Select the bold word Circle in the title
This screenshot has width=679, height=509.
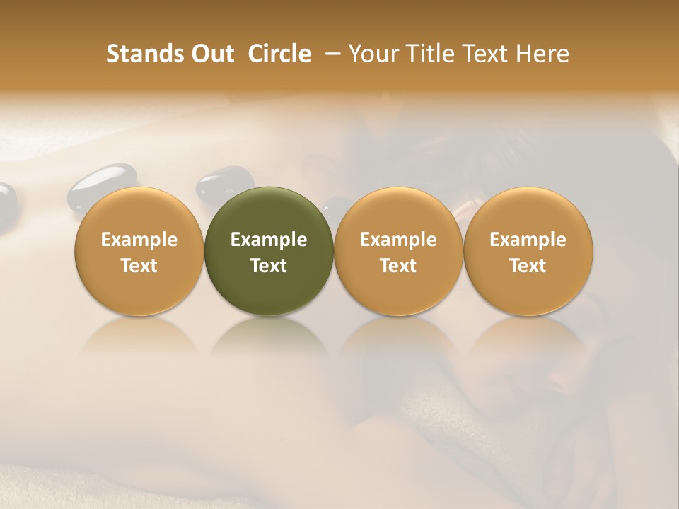click(279, 54)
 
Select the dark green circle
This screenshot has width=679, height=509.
click(269, 252)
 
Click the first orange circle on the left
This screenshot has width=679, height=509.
click(139, 252)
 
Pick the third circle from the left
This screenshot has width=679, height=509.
click(398, 252)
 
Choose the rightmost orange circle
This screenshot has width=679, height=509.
click(528, 252)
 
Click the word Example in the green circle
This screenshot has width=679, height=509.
click(269, 240)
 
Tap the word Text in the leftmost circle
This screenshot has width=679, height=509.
click(139, 266)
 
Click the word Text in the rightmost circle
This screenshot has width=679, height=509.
click(528, 266)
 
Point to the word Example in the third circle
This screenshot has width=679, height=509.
click(398, 240)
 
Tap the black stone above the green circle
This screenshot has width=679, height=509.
click(225, 182)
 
